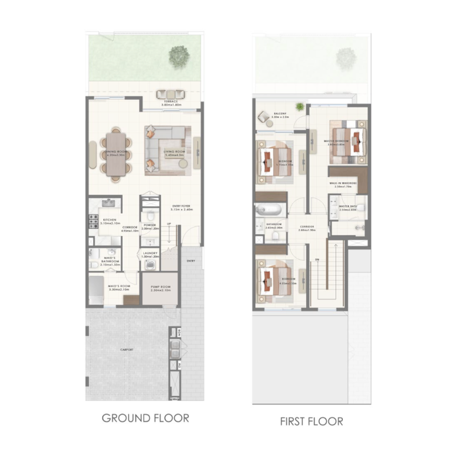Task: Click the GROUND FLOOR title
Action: tap(145, 418)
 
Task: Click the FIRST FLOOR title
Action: tap(312, 422)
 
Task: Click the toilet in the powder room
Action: tap(150, 216)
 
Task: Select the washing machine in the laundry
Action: tap(150, 264)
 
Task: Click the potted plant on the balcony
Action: tap(300, 106)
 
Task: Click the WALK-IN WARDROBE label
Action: tap(343, 183)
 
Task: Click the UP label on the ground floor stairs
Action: tap(170, 224)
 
